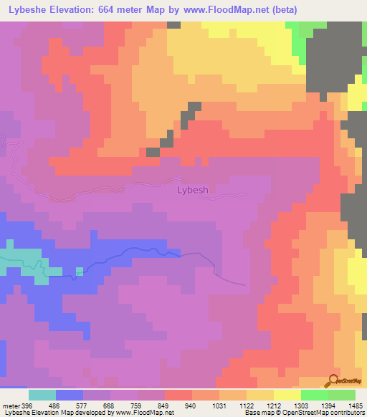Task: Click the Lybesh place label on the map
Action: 192,190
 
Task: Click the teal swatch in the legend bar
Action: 42,395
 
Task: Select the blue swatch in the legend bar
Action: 70,395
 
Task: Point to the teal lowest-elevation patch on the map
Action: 22,262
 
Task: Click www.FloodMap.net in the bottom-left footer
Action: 138,412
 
